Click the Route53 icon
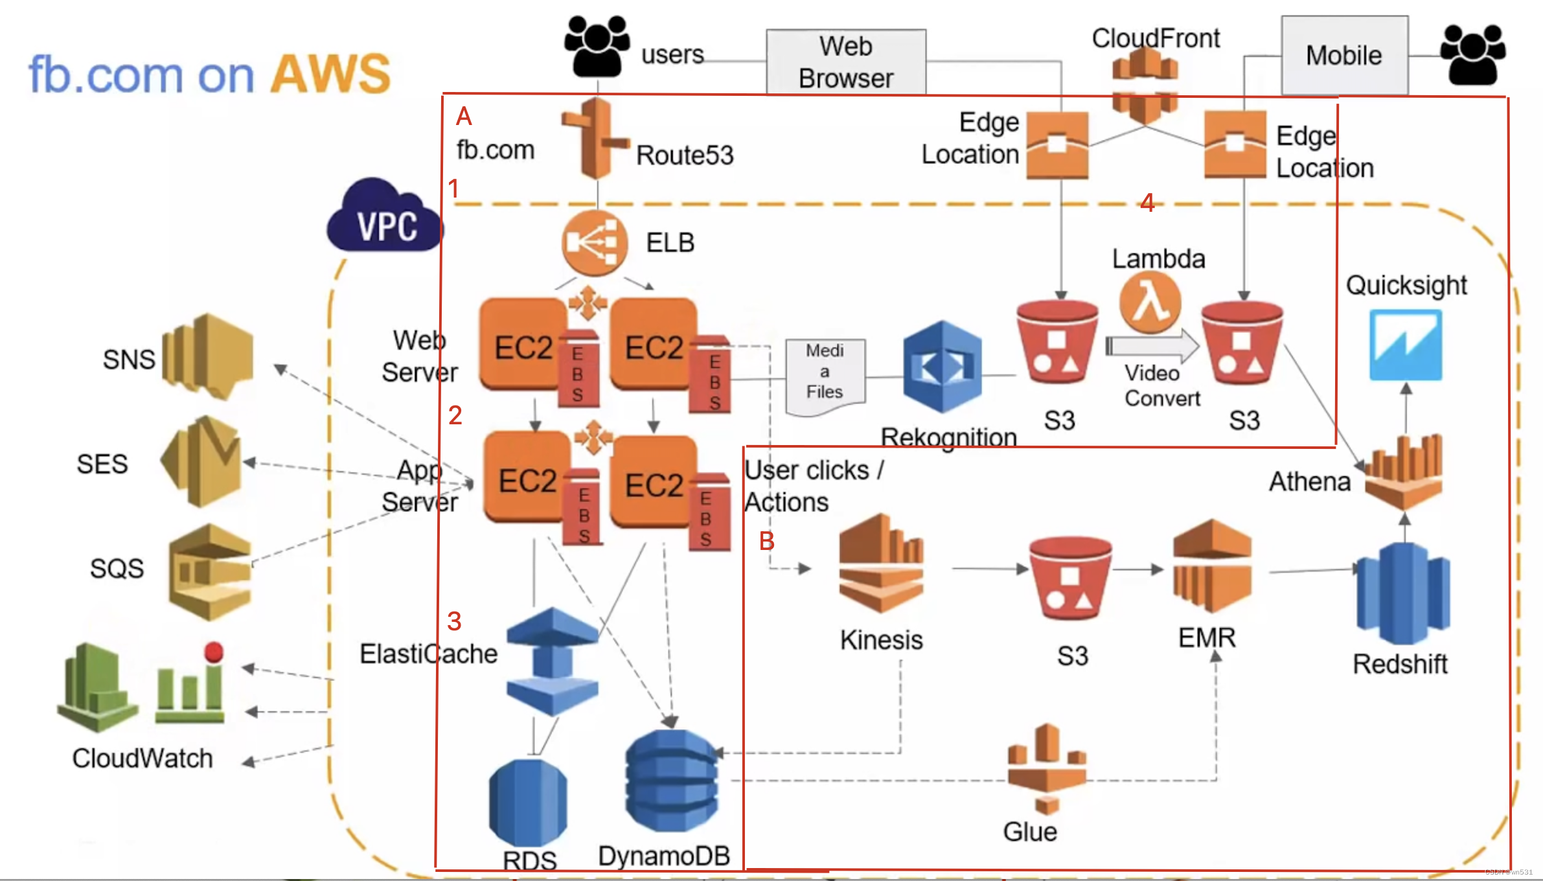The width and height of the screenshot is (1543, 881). coord(595,138)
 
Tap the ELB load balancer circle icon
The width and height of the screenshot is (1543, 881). coord(594,243)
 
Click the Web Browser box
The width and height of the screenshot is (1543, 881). coord(845,62)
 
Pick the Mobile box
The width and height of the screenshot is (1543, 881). coord(1344,56)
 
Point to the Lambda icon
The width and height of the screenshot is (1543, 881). coord(1150,302)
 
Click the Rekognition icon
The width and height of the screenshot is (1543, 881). coord(942,367)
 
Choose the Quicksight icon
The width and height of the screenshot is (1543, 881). coord(1405,345)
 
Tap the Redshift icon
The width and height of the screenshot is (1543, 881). coord(1402,594)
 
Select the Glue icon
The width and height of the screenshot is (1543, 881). coord(1046,769)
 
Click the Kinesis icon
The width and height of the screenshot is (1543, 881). coord(881,563)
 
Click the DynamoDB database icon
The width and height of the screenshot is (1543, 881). coord(672,781)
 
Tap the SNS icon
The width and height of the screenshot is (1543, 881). coord(207,356)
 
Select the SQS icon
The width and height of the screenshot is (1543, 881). coord(210,572)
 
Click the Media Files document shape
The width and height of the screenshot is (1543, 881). coord(825,376)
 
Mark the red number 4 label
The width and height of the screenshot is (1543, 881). coord(1147,203)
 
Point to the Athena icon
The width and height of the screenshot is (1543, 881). coord(1404,473)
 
